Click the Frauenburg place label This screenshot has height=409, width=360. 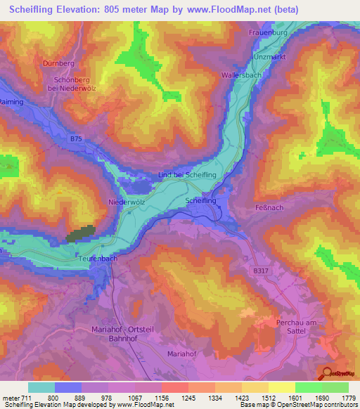(269, 32)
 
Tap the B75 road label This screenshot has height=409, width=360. (76, 139)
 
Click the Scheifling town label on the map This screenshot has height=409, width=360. (200, 200)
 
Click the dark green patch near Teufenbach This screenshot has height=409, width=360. (81, 235)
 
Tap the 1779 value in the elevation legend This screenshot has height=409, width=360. (349, 398)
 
